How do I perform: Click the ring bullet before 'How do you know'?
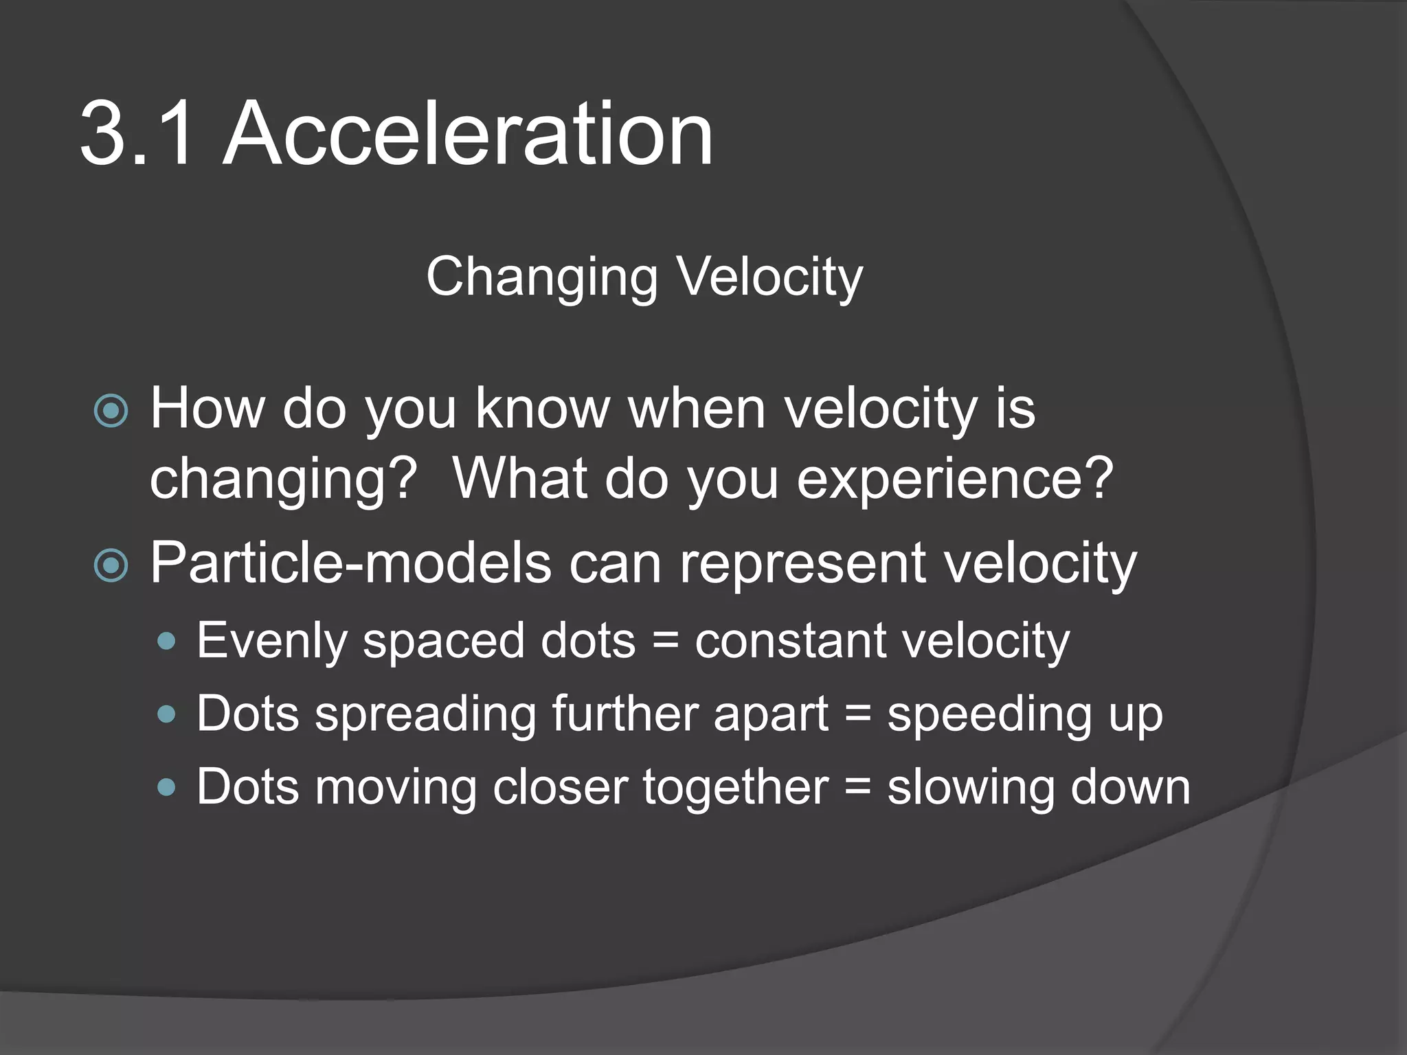[111, 411]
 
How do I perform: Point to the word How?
[207, 408]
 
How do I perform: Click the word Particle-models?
[350, 563]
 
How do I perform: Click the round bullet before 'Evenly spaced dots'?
[166, 642]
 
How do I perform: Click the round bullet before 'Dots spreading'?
[166, 715]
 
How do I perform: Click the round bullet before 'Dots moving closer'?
[166, 787]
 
